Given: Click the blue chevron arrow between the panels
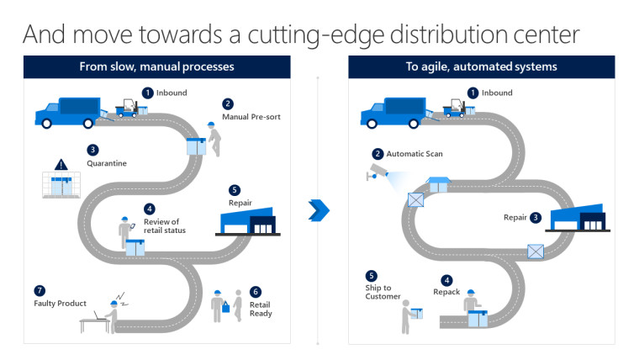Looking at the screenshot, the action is (x=319, y=210).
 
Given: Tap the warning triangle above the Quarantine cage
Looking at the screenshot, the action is (x=61, y=165).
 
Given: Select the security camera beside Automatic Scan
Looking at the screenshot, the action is (x=378, y=172).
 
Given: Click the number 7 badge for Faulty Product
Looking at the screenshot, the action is (x=40, y=291).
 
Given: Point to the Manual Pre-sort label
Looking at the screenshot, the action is (x=251, y=117).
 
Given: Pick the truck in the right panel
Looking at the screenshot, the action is (x=393, y=113).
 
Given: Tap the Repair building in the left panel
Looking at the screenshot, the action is (x=248, y=221).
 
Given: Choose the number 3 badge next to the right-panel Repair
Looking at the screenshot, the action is (x=536, y=218).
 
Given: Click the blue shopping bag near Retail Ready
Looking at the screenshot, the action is (x=226, y=307).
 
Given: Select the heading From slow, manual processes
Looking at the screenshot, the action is (x=157, y=66).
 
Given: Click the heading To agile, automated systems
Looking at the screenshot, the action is (x=481, y=66).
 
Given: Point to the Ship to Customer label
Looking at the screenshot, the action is (x=383, y=292).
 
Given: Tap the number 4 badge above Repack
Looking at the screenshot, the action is (x=446, y=280).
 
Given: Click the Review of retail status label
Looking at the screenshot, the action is (x=165, y=226).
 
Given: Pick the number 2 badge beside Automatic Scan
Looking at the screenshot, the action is (x=378, y=154).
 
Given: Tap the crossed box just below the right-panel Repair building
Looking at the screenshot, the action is (x=536, y=251).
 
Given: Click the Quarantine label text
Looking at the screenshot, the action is (x=107, y=163).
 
